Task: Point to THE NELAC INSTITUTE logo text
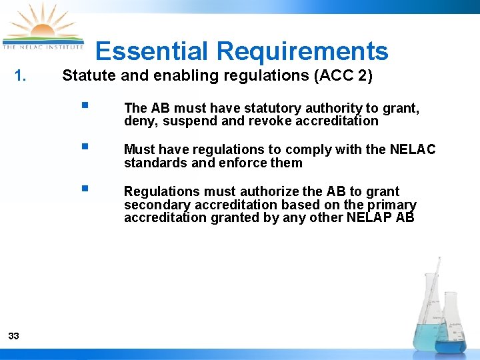point(43,47)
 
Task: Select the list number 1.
point(21,76)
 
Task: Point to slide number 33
point(13,336)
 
